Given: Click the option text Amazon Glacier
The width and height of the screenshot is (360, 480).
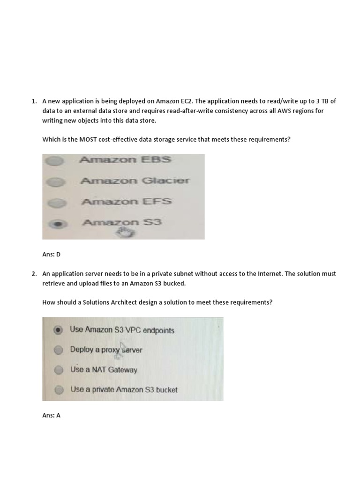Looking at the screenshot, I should click(x=135, y=180).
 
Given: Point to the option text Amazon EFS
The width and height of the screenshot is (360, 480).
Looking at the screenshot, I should click(x=127, y=202).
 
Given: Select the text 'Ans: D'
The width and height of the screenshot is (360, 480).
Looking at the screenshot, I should click(x=52, y=255).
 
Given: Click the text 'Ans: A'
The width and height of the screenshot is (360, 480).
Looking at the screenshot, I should click(x=52, y=415).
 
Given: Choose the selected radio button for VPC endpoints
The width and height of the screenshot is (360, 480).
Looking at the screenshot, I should click(x=58, y=330).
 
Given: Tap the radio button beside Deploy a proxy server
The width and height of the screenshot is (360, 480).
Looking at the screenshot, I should click(x=58, y=350).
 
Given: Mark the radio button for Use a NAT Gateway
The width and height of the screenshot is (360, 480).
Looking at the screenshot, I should click(x=58, y=370).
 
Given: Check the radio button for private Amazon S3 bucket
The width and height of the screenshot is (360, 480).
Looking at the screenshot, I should click(x=58, y=390).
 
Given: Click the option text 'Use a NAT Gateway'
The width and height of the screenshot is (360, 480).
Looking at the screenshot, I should click(x=104, y=370).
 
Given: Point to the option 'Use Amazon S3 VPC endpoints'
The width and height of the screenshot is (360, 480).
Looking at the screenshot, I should click(x=122, y=330).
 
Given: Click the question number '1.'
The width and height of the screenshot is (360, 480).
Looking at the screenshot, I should click(x=34, y=101).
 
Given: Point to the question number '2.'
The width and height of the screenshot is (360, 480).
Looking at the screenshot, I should click(x=34, y=274).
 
